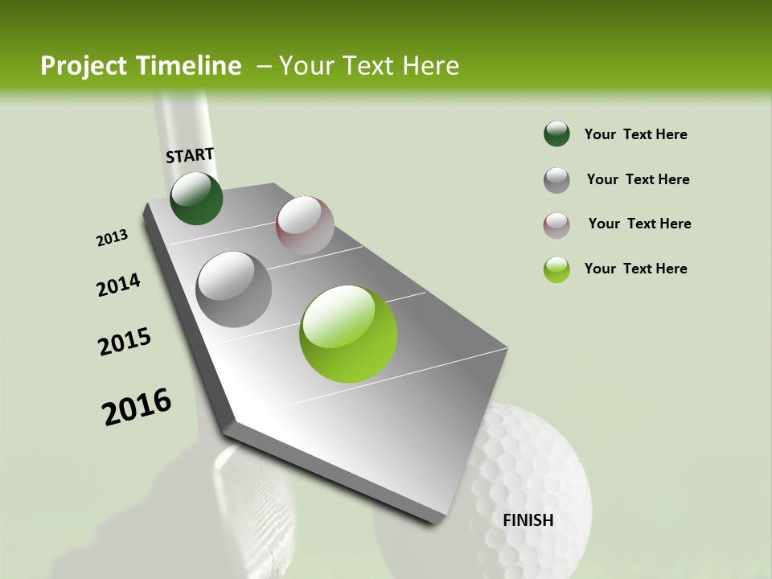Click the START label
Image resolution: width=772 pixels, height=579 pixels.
190,155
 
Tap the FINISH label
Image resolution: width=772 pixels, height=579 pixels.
528,520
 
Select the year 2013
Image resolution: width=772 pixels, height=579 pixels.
112,238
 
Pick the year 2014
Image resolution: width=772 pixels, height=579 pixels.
118,285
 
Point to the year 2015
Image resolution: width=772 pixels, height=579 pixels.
125,342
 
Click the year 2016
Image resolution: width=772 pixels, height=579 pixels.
137,407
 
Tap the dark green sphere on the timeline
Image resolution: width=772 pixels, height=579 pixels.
196,198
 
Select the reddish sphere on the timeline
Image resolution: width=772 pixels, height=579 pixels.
305,224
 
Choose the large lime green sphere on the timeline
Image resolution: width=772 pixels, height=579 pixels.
348,334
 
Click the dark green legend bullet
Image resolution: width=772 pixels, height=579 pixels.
556,133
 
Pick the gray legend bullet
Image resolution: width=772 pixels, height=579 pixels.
556,179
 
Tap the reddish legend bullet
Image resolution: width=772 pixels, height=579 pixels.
556,224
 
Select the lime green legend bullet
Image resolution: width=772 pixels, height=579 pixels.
556,269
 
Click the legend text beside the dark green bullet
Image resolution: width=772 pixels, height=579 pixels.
635,134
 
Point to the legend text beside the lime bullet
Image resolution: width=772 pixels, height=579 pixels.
635,269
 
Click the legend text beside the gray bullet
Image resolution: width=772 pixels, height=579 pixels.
638,179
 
